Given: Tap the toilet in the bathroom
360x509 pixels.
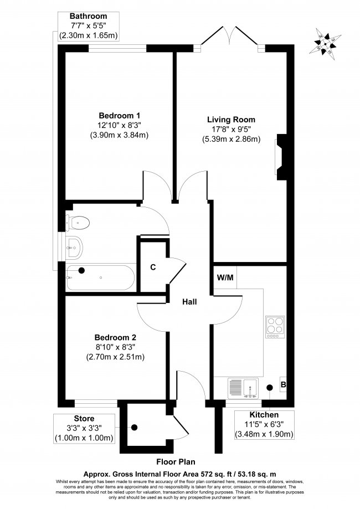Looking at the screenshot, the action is (77, 223).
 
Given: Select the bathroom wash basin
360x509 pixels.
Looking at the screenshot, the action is (74, 248).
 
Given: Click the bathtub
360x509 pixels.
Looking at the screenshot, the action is (100, 277).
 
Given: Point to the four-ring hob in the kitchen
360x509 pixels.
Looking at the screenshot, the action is (275, 327).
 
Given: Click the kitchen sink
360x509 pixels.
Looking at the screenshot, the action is (243, 388).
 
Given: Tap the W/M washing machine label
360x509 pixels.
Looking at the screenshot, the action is (225, 277).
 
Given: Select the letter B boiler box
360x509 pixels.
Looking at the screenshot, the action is (283, 385).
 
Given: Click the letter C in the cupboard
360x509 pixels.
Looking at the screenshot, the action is (153, 267).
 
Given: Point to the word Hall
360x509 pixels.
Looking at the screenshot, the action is (189, 302).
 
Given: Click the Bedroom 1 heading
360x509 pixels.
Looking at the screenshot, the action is (120, 115).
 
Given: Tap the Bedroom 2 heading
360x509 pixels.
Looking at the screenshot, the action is (115, 337).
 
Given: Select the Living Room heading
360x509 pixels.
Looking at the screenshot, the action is (231, 120).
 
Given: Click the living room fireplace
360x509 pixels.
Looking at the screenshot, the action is (281, 157).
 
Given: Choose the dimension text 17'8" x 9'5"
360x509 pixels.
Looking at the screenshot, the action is (231, 129).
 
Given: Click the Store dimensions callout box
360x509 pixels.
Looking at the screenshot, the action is (84, 429).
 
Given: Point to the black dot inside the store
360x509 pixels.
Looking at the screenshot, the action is (134, 428).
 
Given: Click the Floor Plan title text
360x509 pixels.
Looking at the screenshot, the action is (176, 461).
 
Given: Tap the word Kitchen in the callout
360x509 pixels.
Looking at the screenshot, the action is (264, 414).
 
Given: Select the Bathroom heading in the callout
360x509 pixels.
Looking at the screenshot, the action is (88, 16).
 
